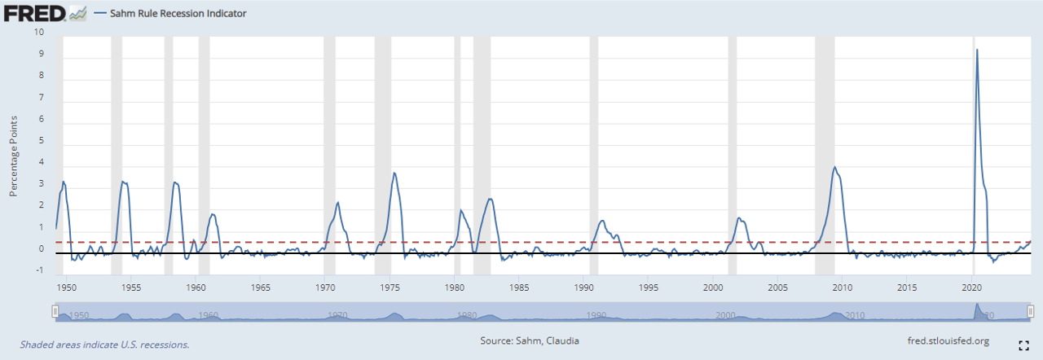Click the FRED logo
tap(37, 13)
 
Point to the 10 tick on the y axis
tap(37, 33)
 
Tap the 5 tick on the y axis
tap(40, 141)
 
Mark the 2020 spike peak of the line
tap(977, 50)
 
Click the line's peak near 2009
tap(834, 167)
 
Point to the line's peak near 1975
tap(394, 173)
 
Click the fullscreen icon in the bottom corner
tap(1023, 345)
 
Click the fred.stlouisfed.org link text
tap(948, 341)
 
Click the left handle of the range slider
tap(55, 311)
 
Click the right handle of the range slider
tap(1031, 311)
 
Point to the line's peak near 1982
tap(490, 199)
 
